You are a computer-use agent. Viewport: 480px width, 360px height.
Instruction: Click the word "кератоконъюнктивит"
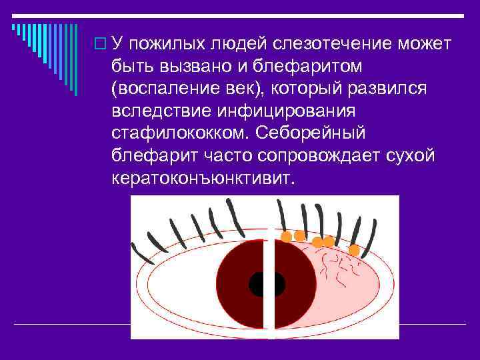tap(202, 178)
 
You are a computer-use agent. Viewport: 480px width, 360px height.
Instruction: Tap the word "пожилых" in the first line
tap(169, 44)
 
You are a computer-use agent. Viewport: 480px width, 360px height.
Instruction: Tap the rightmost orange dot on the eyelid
tap(354, 250)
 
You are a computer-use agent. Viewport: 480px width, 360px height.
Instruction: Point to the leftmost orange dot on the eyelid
tap(286, 236)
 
